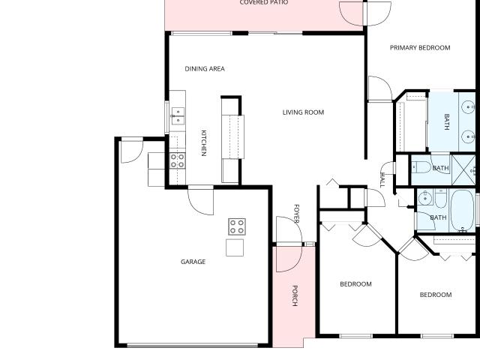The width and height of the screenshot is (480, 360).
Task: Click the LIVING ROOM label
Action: click(303, 112)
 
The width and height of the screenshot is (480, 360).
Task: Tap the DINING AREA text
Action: click(205, 69)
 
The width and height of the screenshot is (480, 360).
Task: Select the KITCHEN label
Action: click(204, 143)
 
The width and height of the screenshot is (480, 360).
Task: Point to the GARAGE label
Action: click(193, 262)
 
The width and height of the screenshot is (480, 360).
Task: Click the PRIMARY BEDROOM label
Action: click(420, 48)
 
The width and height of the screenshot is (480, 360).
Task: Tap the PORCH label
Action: click(295, 295)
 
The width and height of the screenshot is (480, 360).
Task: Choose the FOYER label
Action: click(296, 213)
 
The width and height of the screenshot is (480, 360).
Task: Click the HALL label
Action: click(382, 180)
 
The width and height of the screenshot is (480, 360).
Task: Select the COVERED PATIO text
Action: click(263, 2)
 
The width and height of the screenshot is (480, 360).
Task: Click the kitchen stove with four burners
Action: click(178, 160)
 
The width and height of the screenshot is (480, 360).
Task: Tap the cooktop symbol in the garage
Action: click(237, 226)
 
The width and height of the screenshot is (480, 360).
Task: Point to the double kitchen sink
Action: click(178, 116)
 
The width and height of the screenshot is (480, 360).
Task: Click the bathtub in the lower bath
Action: click(463, 210)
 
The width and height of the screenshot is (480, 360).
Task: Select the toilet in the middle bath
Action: click(421, 168)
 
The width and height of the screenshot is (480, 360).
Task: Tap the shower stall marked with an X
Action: click(463, 170)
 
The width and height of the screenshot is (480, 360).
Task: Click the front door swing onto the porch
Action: click(289, 244)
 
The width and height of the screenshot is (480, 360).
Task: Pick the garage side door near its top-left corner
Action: click(132, 151)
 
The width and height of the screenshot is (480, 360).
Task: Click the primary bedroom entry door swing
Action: click(380, 88)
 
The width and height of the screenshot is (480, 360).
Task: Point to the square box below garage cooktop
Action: click(235, 247)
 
